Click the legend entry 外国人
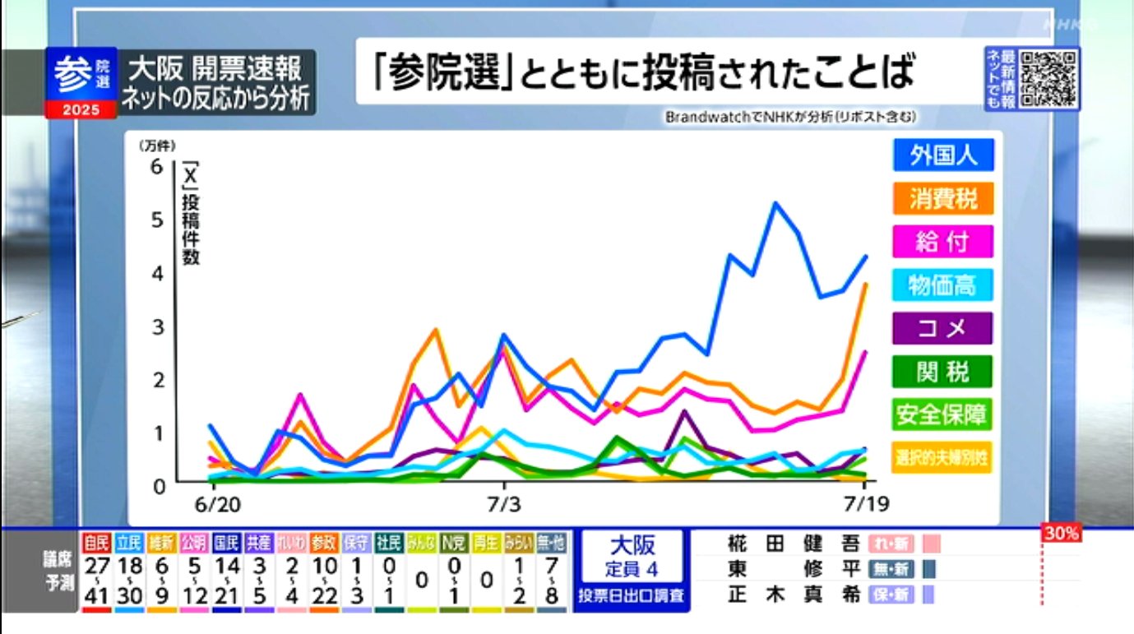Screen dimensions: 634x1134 (942, 155)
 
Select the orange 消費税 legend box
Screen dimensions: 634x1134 (942, 198)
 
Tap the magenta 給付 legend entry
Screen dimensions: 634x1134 (942, 242)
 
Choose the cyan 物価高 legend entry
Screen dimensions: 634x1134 (942, 285)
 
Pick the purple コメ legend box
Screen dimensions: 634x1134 (942, 329)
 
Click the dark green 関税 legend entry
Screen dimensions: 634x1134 (942, 373)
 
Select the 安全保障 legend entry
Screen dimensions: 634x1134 (942, 414)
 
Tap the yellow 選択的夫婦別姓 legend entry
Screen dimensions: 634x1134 (942, 457)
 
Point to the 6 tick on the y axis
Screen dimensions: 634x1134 (157, 167)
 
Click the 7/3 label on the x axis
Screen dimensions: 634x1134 (505, 502)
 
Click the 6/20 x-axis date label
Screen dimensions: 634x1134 (215, 502)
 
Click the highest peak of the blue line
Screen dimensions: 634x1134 (775, 203)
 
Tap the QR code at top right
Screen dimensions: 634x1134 (1048, 79)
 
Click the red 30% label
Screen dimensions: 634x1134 (1061, 534)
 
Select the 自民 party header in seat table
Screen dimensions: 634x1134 (97, 542)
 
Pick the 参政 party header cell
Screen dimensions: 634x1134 (324, 542)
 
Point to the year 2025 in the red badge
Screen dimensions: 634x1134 (81, 109)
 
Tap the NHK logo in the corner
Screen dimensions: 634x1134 (1069, 25)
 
